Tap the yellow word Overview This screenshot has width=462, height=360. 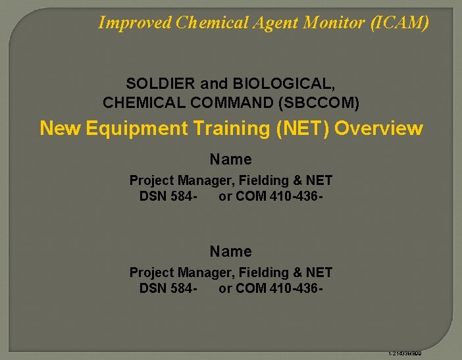(x=378, y=128)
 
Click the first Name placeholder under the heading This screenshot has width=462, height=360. (x=230, y=159)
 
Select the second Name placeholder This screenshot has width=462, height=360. (x=230, y=251)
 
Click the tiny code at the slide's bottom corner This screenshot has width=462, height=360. (x=404, y=354)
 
